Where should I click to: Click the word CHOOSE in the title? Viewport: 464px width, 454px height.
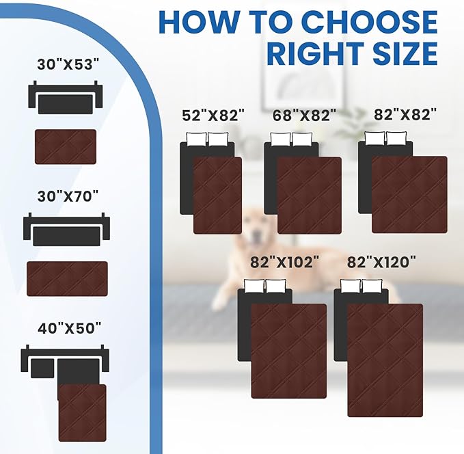370,23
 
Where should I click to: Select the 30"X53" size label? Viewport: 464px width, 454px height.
68,64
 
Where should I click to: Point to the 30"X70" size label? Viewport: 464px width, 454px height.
68,196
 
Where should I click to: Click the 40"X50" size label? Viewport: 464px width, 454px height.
70,328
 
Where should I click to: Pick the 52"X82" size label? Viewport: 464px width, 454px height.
213,115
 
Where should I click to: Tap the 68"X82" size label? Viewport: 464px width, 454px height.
305,115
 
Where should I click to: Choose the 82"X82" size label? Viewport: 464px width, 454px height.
405,115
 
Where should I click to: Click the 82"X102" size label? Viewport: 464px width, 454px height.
285,262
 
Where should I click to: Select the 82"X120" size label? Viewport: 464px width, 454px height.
381,262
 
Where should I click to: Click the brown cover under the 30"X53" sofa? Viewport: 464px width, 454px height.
66,147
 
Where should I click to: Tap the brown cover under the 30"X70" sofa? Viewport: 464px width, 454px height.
67,279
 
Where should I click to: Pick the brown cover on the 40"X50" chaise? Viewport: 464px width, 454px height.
82,413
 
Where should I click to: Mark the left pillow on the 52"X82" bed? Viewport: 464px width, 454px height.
196,139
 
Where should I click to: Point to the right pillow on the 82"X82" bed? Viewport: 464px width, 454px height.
396,138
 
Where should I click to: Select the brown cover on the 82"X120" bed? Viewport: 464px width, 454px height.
385,360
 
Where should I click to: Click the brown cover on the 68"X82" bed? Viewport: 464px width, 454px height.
310,196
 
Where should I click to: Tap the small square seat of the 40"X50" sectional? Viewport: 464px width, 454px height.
42,369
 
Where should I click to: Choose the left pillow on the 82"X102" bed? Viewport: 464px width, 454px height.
254,286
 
